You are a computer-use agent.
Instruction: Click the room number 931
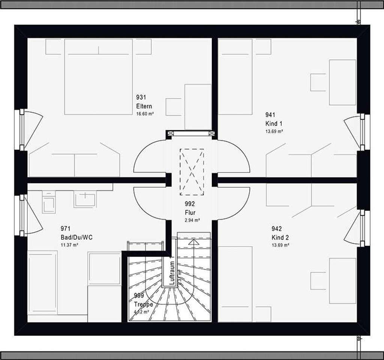click(141, 98)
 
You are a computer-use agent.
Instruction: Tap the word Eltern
click(144, 106)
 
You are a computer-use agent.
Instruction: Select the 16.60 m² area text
click(145, 113)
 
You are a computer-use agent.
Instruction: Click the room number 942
click(277, 229)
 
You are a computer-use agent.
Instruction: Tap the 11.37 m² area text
click(69, 245)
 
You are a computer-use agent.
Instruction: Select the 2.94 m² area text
click(192, 220)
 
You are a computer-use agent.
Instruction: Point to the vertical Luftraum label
click(172, 273)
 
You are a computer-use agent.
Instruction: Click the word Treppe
click(143, 304)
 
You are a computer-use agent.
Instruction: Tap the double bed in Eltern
click(98, 77)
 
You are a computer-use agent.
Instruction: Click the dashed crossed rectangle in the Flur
click(192, 172)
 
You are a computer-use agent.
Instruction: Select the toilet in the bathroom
click(48, 202)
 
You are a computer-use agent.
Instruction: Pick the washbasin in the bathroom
click(85, 199)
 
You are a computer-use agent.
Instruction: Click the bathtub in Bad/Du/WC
click(42, 282)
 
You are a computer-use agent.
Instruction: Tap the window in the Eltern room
click(22, 130)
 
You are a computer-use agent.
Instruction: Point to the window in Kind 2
click(363, 228)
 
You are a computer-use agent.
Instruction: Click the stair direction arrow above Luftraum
click(193, 242)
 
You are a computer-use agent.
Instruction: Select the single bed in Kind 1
click(235, 77)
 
